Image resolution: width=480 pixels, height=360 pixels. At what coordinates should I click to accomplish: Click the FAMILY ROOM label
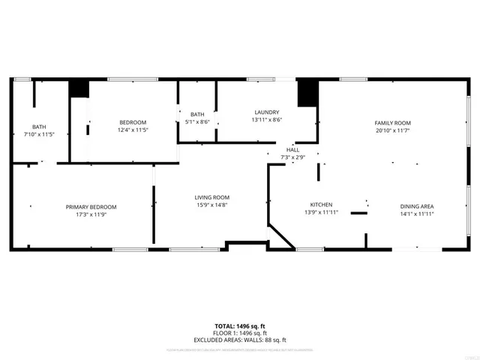(x=392, y=123)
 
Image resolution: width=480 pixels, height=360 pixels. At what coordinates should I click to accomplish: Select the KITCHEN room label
(x=322, y=205)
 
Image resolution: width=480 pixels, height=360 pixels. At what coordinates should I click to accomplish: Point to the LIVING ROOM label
(x=211, y=197)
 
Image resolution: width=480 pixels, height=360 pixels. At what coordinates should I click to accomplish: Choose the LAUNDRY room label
(x=266, y=112)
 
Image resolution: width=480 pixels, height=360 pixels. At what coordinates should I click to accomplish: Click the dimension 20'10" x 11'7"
(x=392, y=131)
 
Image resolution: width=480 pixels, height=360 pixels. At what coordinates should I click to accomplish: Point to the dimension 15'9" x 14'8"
(x=211, y=205)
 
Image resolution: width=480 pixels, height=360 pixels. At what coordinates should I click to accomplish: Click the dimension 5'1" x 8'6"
(x=197, y=121)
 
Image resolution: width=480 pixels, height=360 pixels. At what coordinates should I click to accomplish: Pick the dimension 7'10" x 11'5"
(x=38, y=134)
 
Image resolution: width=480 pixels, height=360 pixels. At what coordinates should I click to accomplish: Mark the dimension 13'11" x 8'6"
(x=266, y=120)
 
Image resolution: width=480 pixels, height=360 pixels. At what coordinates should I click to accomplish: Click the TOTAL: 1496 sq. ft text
(x=240, y=325)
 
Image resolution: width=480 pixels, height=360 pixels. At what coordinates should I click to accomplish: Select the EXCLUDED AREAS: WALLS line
(x=240, y=340)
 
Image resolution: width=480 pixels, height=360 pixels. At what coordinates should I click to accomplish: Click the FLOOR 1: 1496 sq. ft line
(x=240, y=333)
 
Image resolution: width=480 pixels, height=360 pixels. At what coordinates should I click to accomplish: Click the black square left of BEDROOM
(x=79, y=88)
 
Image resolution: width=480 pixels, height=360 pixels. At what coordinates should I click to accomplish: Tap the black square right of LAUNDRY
(x=306, y=93)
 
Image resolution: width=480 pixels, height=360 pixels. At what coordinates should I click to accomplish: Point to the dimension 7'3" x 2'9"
(x=292, y=157)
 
